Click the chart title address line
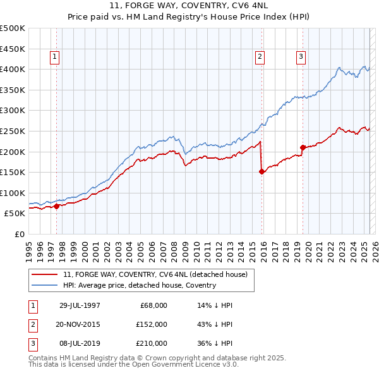point(189,6)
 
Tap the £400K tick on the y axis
point(13,69)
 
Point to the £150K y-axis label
point(13,172)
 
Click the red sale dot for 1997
point(57,206)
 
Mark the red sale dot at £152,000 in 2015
point(262,171)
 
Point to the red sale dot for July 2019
point(303,147)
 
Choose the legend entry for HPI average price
point(139,285)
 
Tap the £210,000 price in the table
point(152,343)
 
